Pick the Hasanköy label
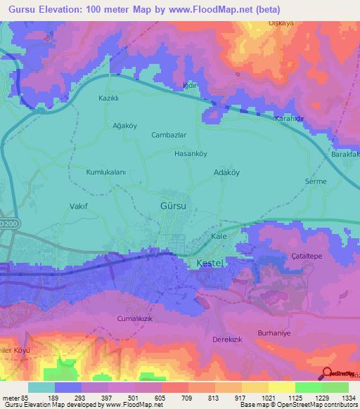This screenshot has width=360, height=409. (191, 153)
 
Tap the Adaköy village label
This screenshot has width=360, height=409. (226, 171)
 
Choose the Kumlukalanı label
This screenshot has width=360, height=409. (105, 171)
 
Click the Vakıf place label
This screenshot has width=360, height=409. (78, 207)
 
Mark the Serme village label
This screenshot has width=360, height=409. (316, 181)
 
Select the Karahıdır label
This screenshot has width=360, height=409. (289, 119)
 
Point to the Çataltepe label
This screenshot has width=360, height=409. (307, 256)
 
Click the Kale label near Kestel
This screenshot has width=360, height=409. (219, 236)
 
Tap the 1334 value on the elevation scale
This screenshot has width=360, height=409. (335, 397)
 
